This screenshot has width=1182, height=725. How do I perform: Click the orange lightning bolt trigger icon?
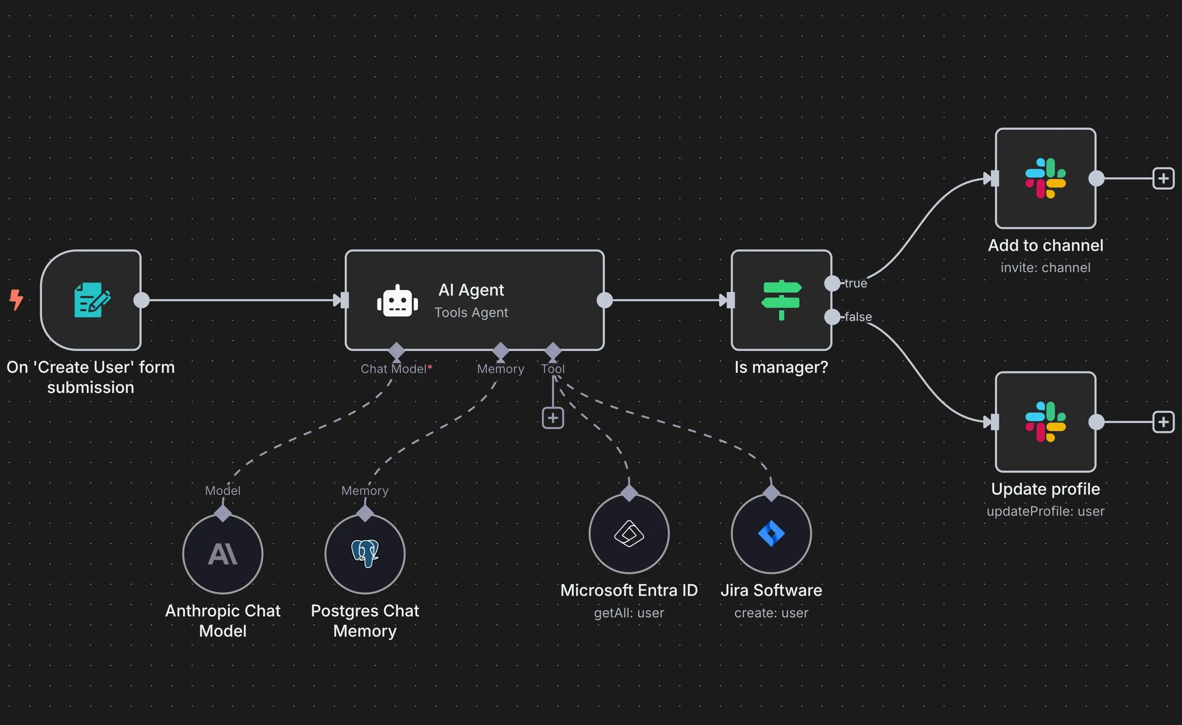coord(16,300)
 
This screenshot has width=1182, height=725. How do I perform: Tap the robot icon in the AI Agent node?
coord(397,301)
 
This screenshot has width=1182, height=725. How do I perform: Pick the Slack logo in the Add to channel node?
coord(1045,178)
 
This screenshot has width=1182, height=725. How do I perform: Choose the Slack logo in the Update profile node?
coord(1045,422)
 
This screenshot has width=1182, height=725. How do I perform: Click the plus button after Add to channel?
coord(1163,178)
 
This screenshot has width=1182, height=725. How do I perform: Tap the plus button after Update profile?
coord(1163,422)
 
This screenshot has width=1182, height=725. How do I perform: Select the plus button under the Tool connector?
coord(553,418)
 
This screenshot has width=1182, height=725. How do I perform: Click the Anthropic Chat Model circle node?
coord(223,554)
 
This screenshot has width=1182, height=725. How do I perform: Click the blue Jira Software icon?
coord(771,534)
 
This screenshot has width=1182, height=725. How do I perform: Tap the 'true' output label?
coord(856,283)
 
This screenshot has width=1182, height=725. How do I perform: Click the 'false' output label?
coord(858,317)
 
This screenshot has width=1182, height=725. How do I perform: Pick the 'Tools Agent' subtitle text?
coord(471,313)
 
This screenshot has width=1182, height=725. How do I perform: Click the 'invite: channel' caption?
coord(1045,267)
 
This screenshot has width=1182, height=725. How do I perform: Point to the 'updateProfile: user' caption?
coord(1045,511)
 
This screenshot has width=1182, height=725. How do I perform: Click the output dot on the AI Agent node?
coord(605,300)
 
